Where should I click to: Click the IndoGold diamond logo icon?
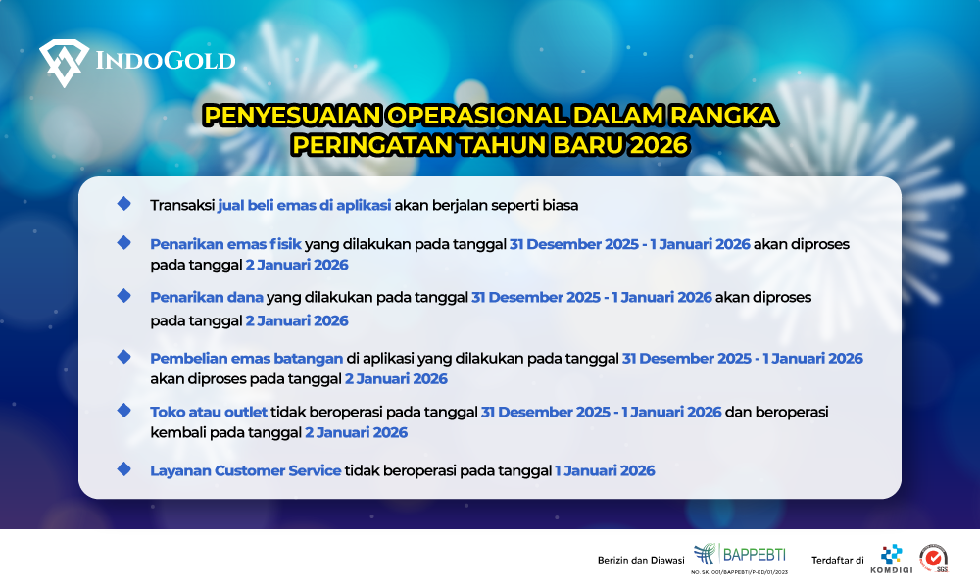pyautogui.click(x=64, y=63)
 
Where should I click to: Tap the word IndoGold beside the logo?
pyautogui.click(x=165, y=61)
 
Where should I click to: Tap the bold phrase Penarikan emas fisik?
pyautogui.click(x=226, y=244)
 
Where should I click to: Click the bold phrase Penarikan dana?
pyautogui.click(x=207, y=297)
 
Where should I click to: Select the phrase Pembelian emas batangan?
pyautogui.click(x=245, y=358)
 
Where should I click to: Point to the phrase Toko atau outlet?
pyautogui.click(x=209, y=412)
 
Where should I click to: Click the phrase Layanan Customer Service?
pyautogui.click(x=245, y=470)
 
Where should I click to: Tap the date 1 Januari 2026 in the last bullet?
pyautogui.click(x=605, y=470)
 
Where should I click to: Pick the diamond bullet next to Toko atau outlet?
pyautogui.click(x=123, y=410)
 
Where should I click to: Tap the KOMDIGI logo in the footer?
pyautogui.click(x=891, y=558)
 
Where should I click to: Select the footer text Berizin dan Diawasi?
pyautogui.click(x=641, y=561)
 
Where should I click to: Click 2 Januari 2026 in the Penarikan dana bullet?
pyautogui.click(x=297, y=320)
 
